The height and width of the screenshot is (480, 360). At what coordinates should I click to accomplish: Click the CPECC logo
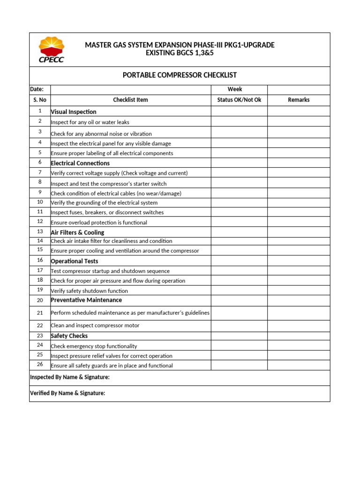click(52, 50)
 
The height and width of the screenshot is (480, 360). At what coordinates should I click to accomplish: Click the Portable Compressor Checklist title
click(180, 75)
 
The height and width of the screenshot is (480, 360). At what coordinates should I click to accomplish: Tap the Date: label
click(37, 89)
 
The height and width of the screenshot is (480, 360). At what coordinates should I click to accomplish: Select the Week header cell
click(235, 89)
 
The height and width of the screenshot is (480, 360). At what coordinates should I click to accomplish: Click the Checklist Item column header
click(130, 100)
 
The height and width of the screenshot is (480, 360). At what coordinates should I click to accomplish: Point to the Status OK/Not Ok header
click(239, 100)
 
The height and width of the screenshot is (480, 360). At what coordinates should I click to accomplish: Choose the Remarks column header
click(299, 100)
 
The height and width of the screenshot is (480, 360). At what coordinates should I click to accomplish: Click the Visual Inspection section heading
click(74, 112)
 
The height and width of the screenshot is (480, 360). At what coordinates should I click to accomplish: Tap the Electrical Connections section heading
click(80, 163)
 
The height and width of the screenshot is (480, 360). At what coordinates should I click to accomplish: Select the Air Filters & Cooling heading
click(77, 232)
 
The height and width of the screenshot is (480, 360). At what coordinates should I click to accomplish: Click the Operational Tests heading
click(75, 261)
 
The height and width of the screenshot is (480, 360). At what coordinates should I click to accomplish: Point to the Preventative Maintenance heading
click(86, 300)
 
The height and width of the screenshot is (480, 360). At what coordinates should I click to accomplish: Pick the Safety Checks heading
click(69, 336)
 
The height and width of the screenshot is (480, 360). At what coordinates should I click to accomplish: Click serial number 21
click(40, 313)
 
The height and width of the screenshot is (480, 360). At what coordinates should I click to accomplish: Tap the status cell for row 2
click(239, 122)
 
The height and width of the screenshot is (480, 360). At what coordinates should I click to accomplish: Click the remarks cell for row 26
click(299, 365)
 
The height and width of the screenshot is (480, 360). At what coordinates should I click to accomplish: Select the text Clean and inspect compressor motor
click(95, 325)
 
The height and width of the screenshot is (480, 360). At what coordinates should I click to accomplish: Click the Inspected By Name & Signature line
click(70, 377)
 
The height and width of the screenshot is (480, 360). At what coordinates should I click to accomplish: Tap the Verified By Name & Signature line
click(67, 393)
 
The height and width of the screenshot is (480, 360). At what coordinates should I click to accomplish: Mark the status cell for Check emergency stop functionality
click(239, 346)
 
